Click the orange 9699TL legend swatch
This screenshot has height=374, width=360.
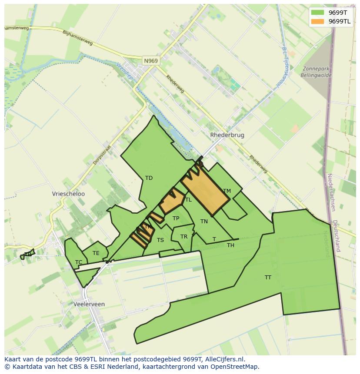[x=318, y=21]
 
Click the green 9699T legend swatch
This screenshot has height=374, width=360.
[x=318, y=13]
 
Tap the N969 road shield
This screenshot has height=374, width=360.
[x=150, y=61]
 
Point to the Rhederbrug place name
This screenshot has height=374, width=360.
[x=227, y=135]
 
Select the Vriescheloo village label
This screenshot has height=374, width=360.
[x=68, y=194]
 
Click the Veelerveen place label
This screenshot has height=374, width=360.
[x=89, y=304]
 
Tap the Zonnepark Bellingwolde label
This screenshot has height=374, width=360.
[x=316, y=72]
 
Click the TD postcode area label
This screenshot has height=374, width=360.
[x=149, y=178]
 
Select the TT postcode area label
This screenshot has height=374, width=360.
[x=268, y=277]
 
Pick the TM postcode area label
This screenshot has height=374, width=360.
[x=227, y=191]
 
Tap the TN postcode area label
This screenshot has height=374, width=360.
[x=204, y=222]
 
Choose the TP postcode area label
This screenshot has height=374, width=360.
[x=176, y=218]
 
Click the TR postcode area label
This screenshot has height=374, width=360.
[x=184, y=237]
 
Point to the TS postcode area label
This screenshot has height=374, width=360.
[x=160, y=240]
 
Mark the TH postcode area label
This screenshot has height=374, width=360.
[x=230, y=245]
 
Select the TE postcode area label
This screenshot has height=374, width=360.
[x=96, y=253]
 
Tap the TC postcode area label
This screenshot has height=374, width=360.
[x=79, y=262]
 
